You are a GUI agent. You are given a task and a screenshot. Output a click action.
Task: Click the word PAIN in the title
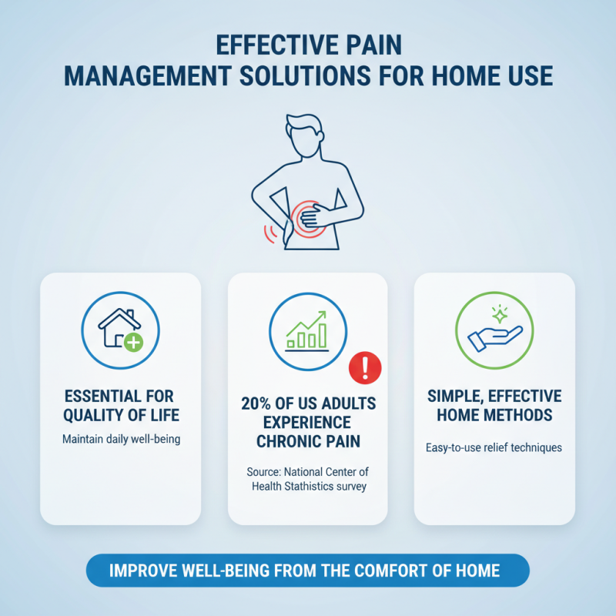370,44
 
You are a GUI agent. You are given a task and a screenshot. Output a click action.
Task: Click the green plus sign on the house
133,341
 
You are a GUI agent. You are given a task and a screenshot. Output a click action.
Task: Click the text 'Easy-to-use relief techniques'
494,447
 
